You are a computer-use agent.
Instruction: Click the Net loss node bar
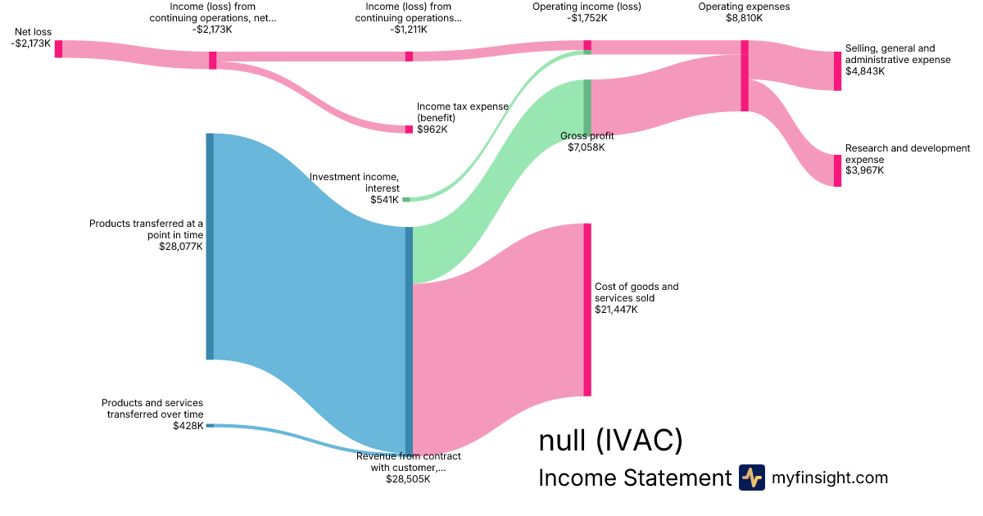tap(58, 48)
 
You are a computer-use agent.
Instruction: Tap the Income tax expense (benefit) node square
tap(409, 129)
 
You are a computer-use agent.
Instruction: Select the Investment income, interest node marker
tap(406, 200)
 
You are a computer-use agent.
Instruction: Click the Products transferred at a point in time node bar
tap(211, 247)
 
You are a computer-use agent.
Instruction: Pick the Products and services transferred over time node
tap(211, 426)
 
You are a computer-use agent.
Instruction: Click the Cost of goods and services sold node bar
tap(587, 310)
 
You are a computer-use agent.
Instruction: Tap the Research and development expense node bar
tap(838, 170)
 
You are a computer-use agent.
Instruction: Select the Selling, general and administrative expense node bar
tap(838, 71)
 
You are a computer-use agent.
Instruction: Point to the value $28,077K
tap(181, 247)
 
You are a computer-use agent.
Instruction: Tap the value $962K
tap(433, 129)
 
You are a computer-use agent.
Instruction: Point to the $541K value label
tap(384, 200)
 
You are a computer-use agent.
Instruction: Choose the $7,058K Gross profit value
tap(587, 147)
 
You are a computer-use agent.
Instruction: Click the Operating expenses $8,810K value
tap(745, 18)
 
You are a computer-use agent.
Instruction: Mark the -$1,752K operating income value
tap(587, 18)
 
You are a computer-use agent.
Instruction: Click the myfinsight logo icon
tap(752, 478)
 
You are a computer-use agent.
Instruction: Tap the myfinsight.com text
tap(830, 478)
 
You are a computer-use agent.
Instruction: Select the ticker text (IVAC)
tap(640, 440)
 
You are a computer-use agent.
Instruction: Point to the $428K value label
tap(188, 426)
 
